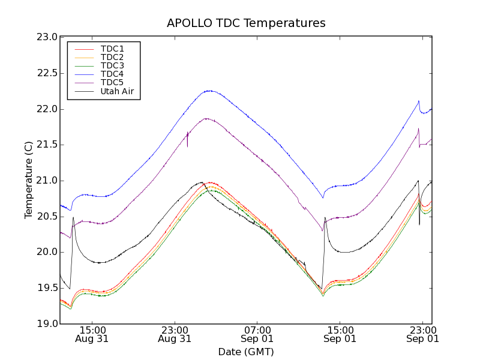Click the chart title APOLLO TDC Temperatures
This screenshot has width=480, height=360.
pyautogui.click(x=246, y=23)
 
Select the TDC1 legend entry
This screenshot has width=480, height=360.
pyautogui.click(x=112, y=49)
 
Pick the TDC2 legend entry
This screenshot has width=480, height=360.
pyautogui.click(x=112, y=57)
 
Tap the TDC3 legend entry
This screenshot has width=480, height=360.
pyautogui.click(x=112, y=65)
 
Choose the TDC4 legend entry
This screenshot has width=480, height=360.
pyautogui.click(x=112, y=74)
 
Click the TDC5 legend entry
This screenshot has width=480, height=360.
pyautogui.click(x=112, y=82)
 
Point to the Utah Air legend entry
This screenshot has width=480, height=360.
pyautogui.click(x=117, y=91)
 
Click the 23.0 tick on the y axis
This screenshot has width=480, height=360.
pyautogui.click(x=47, y=37)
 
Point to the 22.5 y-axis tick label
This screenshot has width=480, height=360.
pyautogui.click(x=47, y=73)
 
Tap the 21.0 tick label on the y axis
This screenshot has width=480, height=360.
pyautogui.click(x=47, y=181)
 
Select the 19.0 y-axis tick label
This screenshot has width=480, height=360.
pyautogui.click(x=47, y=324)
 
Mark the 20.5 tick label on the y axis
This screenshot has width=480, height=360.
pyautogui.click(x=47, y=217)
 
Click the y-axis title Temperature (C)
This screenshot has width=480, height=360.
pyautogui.click(x=29, y=180)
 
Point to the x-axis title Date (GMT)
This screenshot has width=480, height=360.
pyautogui.click(x=246, y=352)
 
